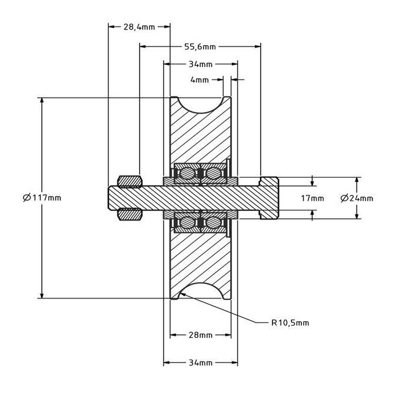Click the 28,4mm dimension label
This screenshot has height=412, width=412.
point(139,27)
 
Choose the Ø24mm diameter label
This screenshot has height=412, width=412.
point(357,198)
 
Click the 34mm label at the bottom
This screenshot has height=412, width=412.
point(201,363)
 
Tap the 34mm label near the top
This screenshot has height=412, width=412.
point(201,64)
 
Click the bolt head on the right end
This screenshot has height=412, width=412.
point(270,198)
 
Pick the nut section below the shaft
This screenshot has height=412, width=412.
point(129,215)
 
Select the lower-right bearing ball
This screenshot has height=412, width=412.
point(213,222)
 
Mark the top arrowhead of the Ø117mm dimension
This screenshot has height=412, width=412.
point(42,101)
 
